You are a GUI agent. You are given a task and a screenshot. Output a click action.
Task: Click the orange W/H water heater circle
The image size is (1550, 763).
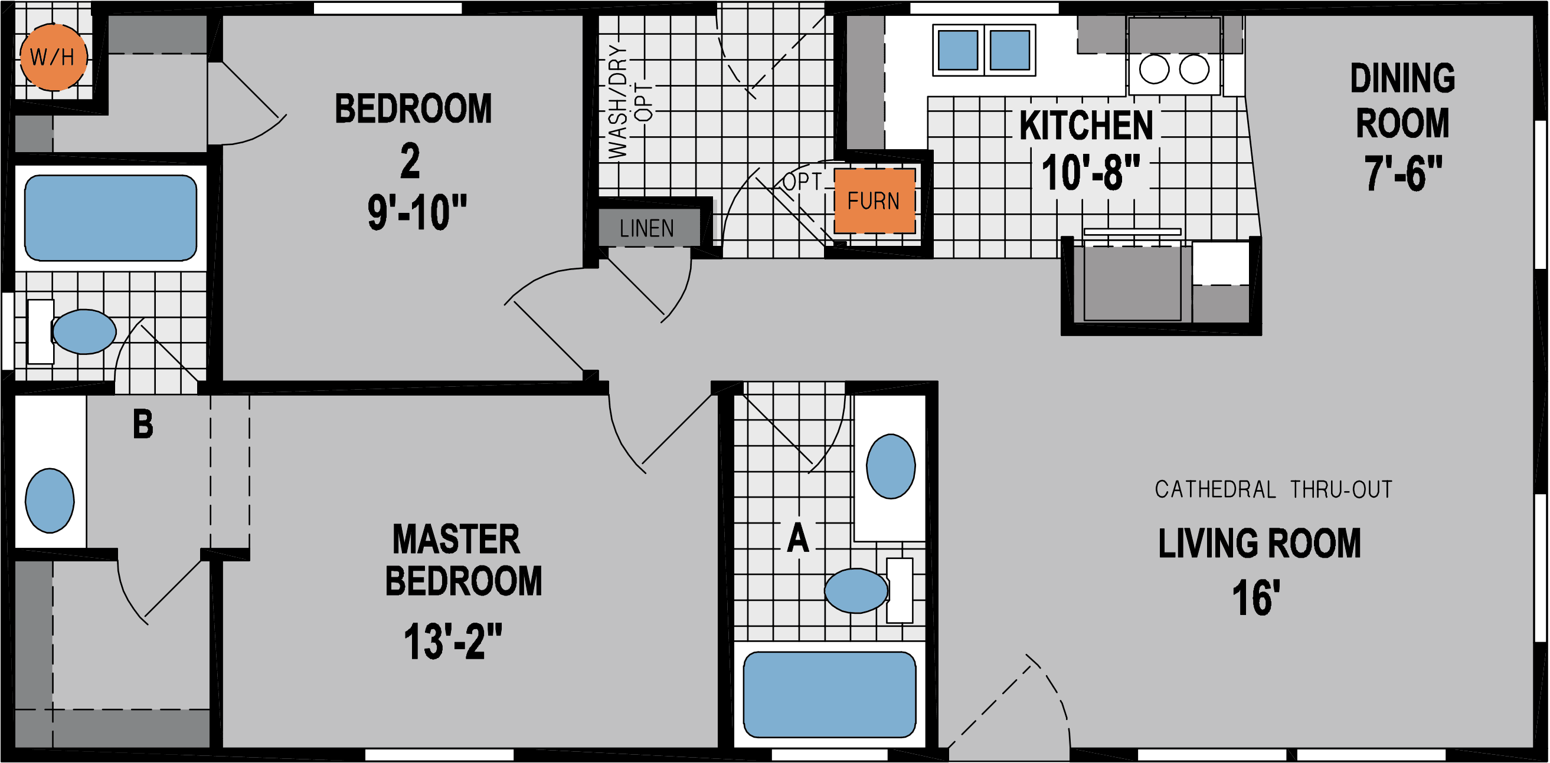pos(53,57)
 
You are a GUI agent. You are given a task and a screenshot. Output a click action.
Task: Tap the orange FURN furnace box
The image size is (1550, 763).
pos(874,201)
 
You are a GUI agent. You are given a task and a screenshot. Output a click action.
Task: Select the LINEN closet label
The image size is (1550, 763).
pos(648,228)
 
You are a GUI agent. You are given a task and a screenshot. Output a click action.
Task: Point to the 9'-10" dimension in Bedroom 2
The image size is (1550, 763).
pos(417,212)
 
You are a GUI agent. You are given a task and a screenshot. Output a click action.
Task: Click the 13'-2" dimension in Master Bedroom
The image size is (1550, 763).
pos(453,642)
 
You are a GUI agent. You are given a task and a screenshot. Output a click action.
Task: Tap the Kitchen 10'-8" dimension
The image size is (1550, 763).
pos(1090,173)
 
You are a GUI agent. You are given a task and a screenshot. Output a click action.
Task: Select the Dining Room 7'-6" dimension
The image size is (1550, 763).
pos(1402,173)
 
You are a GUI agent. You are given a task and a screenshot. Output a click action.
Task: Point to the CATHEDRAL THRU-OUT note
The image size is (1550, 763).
pos(1273,489)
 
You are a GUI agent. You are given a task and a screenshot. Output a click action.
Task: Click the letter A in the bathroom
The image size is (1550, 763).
pos(798,538)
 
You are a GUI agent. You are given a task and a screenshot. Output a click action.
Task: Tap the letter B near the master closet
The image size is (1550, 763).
pos(143,425)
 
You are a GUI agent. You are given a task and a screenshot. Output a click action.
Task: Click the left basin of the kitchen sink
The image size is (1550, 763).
pos(958,51)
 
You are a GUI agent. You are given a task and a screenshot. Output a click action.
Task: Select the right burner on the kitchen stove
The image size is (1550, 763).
pos(1194,69)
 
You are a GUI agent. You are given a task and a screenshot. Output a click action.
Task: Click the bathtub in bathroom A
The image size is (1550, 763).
pos(829,695)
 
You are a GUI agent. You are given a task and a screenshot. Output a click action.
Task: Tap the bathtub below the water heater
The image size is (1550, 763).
pos(111,218)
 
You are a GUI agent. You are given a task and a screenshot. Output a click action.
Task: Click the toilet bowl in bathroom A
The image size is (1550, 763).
pos(856,590)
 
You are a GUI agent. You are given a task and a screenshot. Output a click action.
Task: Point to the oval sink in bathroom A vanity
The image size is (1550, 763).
pos(891,466)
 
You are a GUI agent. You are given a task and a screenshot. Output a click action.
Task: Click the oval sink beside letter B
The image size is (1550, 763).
pos(50,500)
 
